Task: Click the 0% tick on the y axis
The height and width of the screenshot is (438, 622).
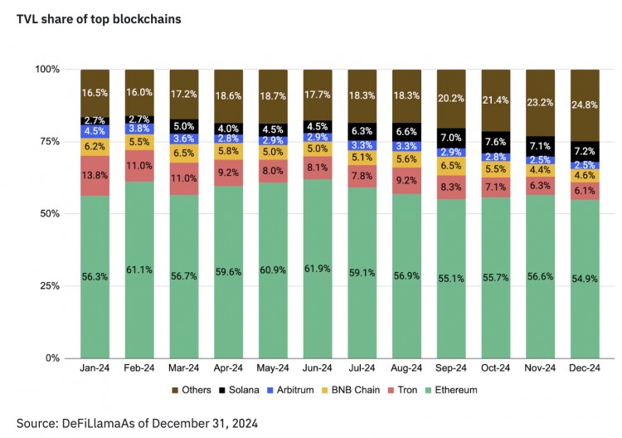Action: click(52, 358)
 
